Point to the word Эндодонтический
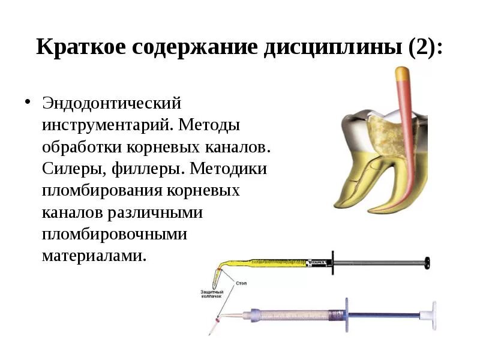[111, 103]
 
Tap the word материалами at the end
[94, 256]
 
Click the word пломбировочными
[114, 234]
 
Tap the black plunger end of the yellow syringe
[428, 262]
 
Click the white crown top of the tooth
[384, 112]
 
